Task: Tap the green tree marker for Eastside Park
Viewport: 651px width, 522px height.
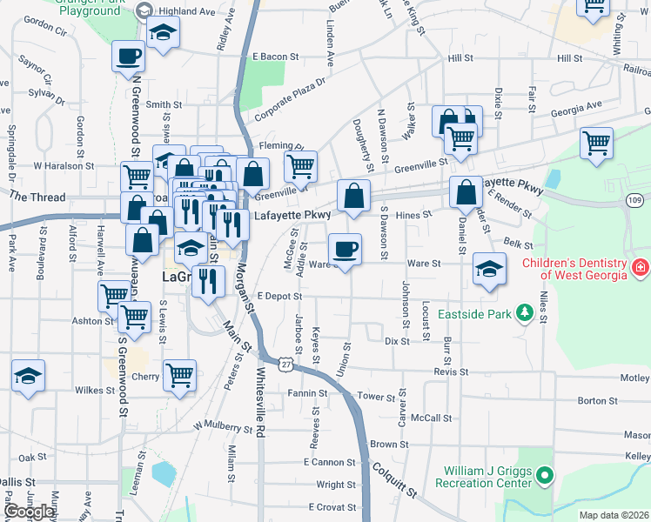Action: (x=525, y=312)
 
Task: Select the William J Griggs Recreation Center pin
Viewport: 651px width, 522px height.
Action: (x=545, y=475)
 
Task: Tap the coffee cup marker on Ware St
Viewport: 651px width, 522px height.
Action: (x=346, y=249)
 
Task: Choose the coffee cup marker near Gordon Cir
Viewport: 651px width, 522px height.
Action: (x=128, y=57)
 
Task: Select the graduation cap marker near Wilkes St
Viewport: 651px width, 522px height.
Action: (x=29, y=376)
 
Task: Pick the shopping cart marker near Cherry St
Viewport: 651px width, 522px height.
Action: (x=178, y=375)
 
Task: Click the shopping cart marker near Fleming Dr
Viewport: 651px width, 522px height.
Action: (x=300, y=164)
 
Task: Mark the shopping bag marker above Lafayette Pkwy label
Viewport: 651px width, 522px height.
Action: (x=353, y=196)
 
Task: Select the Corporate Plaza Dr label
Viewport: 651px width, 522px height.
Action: (x=289, y=99)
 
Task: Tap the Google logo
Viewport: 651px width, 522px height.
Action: (x=30, y=512)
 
